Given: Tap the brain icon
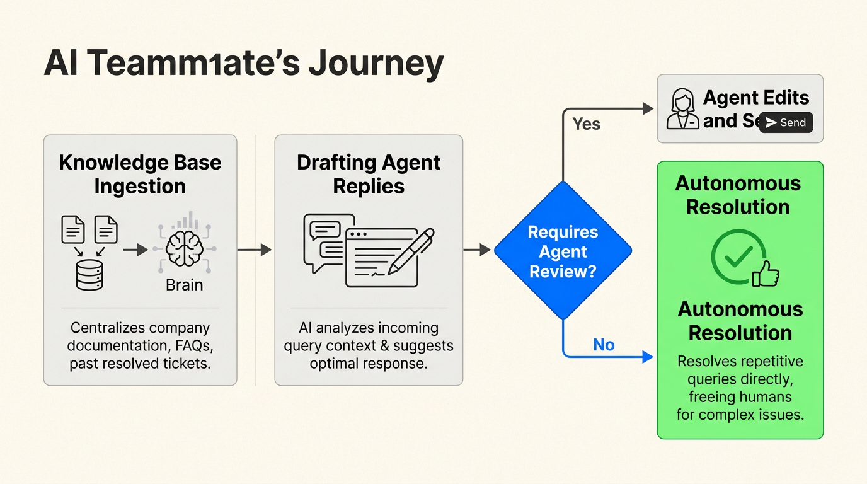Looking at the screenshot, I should tap(184, 250).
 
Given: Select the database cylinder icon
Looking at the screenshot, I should tap(89, 275).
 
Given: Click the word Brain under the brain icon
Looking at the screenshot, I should tap(184, 285).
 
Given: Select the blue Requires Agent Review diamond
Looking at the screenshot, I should tap(563, 251).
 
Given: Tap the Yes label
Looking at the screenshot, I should tap(586, 124).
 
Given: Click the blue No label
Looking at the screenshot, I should tap(603, 344).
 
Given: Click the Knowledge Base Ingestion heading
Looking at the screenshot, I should tap(140, 174).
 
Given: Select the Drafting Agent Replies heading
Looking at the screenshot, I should tap(369, 174).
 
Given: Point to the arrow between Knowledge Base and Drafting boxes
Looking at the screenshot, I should tap(255, 250).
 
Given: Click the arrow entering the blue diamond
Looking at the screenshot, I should tap(477, 250).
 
